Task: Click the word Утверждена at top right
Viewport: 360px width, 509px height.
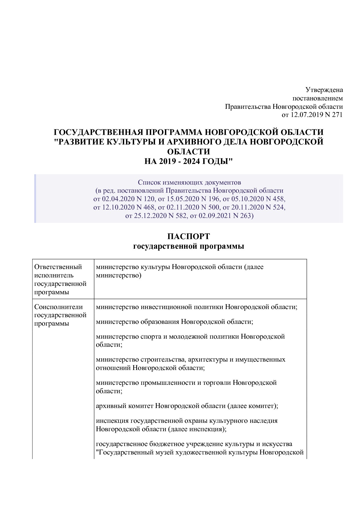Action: (x=324, y=90)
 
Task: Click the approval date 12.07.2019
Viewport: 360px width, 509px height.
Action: (x=307, y=115)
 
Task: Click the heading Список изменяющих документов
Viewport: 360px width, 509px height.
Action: (x=189, y=183)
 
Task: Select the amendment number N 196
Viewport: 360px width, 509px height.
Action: (x=202, y=199)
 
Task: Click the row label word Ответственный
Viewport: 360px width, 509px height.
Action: (x=58, y=267)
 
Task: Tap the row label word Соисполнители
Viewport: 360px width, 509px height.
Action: (x=58, y=307)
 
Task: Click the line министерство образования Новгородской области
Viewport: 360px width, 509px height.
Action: (x=174, y=322)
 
